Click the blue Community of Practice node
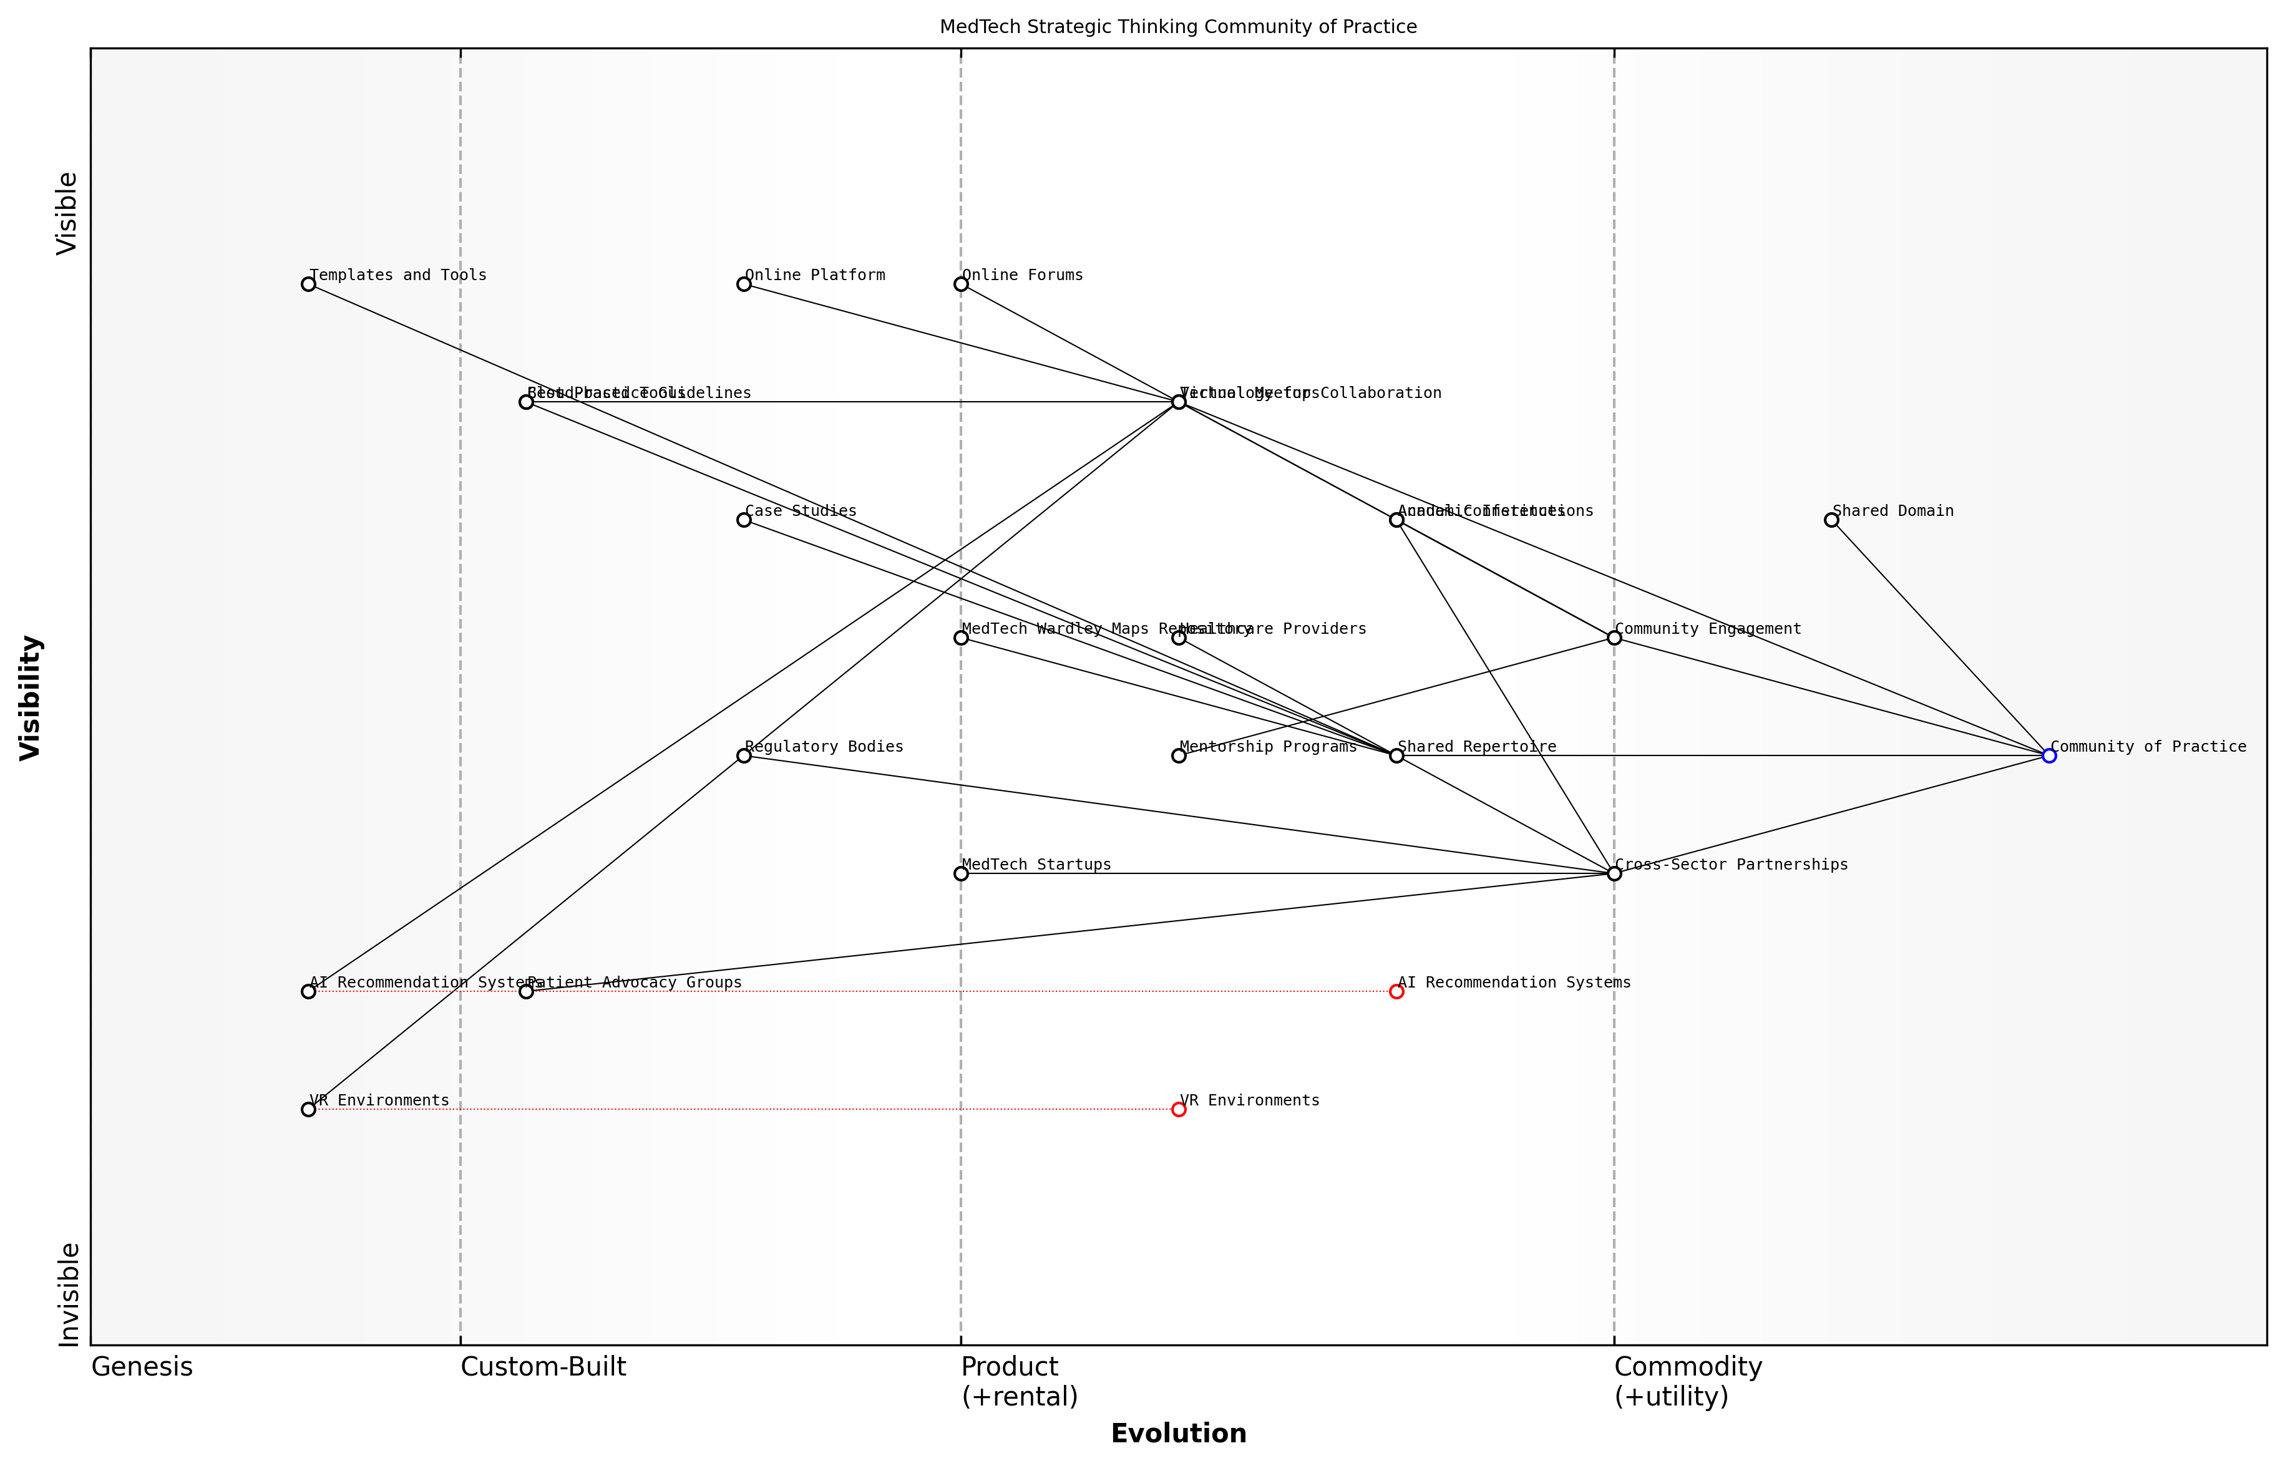click(2049, 756)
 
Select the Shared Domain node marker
click(1831, 520)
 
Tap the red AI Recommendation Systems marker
click(1396, 992)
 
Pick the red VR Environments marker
click(1179, 1110)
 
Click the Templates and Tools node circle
click(308, 284)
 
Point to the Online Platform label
click(814, 275)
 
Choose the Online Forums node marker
click(961, 284)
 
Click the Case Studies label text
click(800, 511)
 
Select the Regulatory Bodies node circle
click(744, 756)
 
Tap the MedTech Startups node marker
click(961, 874)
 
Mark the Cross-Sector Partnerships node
click(1614, 874)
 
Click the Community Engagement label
click(1708, 629)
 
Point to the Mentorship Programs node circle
click(1179, 756)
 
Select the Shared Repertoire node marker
click(1396, 756)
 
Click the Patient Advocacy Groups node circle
click(525, 992)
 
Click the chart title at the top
click(1177, 27)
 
